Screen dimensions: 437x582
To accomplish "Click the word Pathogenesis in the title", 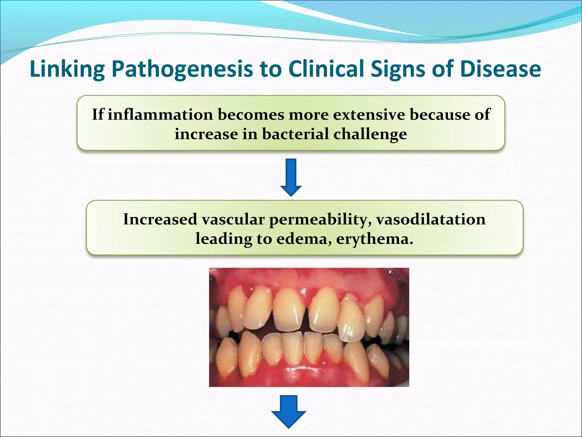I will [x=182, y=69].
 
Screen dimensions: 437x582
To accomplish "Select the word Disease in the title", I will [x=500, y=69].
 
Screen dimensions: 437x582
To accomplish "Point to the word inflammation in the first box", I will [x=160, y=115].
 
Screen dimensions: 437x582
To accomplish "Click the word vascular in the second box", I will [x=233, y=219].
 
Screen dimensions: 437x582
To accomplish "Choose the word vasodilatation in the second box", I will [x=431, y=219].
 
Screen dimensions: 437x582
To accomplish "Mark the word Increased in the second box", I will [x=160, y=219].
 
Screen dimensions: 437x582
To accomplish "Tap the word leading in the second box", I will [x=224, y=239].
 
